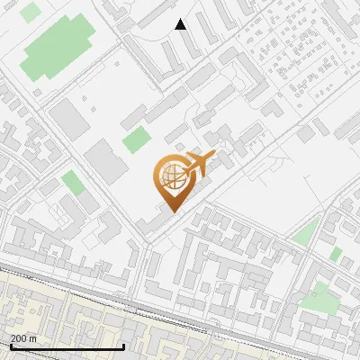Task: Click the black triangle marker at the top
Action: [x=181, y=24]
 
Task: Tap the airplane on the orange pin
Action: [x=195, y=165]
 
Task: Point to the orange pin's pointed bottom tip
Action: [x=172, y=212]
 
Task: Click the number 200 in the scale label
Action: [x=20, y=338]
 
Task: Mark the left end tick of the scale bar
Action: [x=10, y=347]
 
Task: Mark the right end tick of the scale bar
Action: [x=123, y=347]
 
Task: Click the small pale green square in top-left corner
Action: [x=31, y=13]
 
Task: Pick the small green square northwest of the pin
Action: [x=137, y=140]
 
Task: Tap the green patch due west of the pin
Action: [x=73, y=184]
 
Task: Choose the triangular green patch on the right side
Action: [x=308, y=233]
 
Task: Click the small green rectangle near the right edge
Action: [x=336, y=255]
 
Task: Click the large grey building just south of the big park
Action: [x=65, y=117]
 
